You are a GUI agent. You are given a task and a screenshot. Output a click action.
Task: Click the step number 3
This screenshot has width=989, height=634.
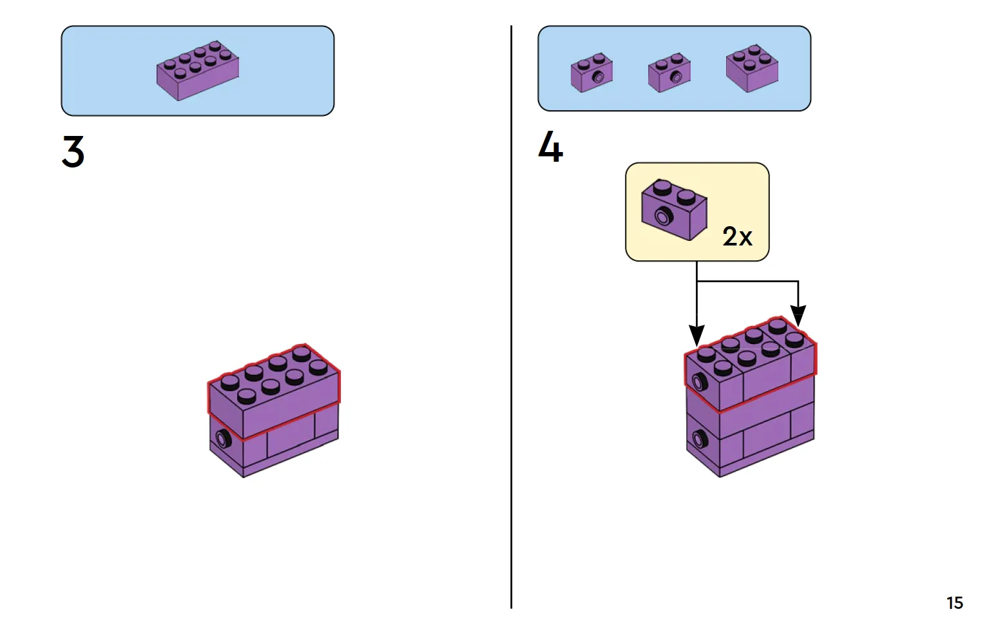point(73,152)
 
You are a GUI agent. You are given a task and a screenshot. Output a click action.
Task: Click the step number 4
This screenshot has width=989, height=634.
point(550,147)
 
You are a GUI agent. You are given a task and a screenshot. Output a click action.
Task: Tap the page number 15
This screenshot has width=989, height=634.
point(954,603)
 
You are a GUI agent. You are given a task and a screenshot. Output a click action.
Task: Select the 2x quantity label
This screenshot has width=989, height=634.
point(737,236)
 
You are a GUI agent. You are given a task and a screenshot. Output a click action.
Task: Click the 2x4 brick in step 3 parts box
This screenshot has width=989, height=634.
point(198,70)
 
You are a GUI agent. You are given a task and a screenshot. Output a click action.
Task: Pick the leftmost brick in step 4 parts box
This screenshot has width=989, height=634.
point(591,73)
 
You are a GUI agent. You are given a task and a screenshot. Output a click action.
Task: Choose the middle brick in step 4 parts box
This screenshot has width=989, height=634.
point(669,73)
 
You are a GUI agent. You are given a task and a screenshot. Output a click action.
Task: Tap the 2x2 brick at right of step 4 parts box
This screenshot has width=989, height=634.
point(752,68)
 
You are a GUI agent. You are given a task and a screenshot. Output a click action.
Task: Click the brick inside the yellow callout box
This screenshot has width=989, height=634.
point(674,210)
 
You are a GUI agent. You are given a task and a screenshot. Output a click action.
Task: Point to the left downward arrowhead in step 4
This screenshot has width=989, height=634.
point(696,335)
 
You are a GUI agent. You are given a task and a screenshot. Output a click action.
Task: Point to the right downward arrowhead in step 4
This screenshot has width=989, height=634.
point(798,315)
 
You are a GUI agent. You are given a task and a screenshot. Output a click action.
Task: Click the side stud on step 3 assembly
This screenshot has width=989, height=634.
point(223,439)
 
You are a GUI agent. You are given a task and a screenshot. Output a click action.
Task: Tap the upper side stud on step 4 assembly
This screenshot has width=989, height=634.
point(699,383)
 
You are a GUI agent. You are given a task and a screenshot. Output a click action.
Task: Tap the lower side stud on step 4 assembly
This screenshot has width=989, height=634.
point(699,440)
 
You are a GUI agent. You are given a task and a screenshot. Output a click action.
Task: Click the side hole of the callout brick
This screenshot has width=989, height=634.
point(662,216)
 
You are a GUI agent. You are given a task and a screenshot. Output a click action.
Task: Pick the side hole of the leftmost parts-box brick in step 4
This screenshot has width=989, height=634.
point(598,77)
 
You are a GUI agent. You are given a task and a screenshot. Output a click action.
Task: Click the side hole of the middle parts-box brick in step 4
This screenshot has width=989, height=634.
point(676,77)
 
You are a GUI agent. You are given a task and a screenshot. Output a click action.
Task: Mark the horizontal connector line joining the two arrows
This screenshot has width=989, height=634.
point(747,281)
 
